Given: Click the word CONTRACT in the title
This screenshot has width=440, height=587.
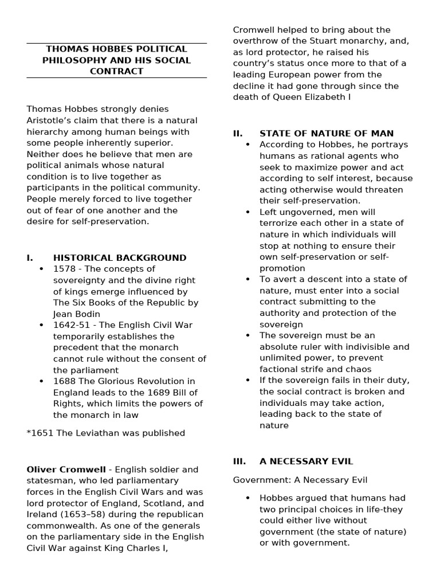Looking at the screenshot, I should point(117,72).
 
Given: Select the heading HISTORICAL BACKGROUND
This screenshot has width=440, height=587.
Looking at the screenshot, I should point(120,258).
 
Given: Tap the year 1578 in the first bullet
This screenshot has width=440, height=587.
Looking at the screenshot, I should point(64,269).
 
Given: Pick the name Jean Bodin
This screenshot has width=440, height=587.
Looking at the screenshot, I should point(76,314).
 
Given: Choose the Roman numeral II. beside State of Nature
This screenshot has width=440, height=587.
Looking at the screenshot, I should point(238,134).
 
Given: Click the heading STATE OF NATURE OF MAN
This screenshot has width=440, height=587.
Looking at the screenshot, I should point(327,134).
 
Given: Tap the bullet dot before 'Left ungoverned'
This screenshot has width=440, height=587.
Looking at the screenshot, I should point(247,212).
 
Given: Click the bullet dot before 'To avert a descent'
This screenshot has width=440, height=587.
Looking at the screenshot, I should point(247,279).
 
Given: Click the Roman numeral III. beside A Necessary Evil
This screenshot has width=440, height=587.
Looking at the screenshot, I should point(239,461).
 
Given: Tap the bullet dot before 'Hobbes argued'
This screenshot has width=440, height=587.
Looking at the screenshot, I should point(247,498).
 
